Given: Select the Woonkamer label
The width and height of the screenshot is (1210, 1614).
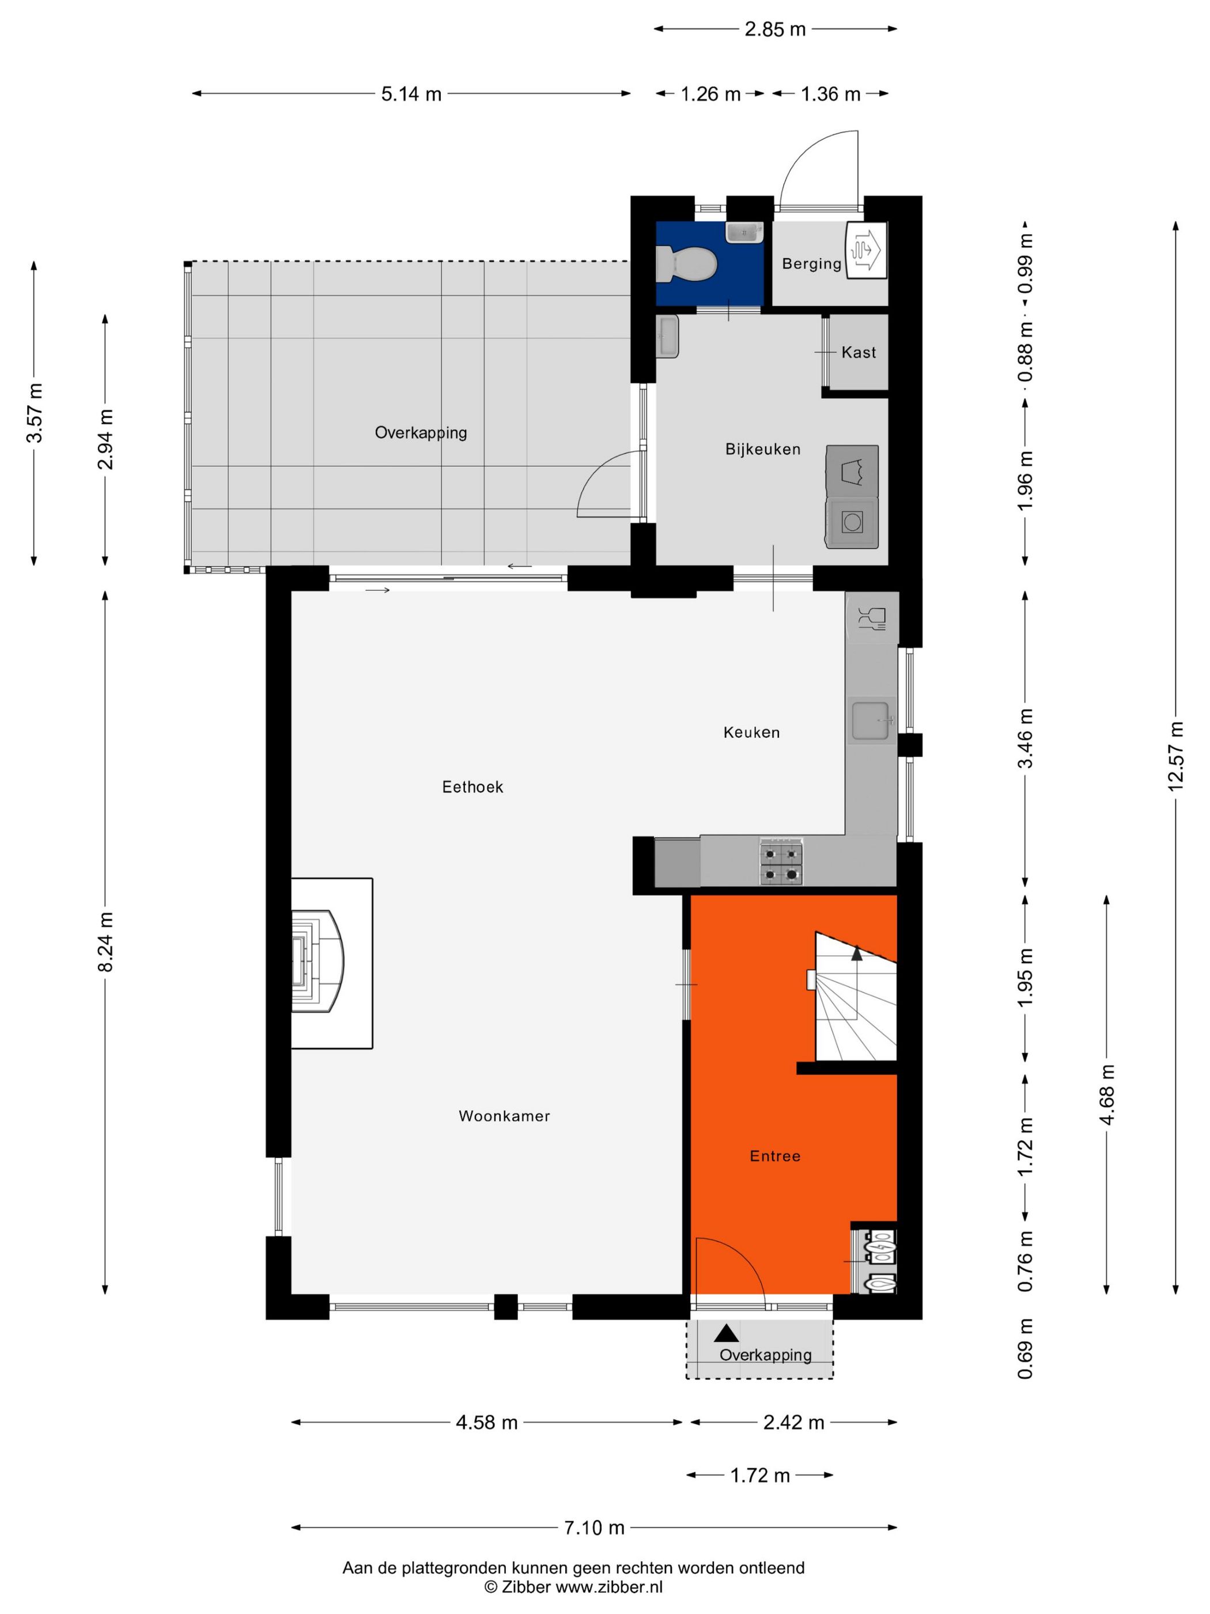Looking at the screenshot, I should [x=504, y=1115].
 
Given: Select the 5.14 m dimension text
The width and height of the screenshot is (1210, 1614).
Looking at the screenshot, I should [x=411, y=94].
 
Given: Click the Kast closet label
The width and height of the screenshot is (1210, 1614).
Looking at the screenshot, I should [x=859, y=352].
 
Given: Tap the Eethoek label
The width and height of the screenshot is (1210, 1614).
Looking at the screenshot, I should [x=472, y=787].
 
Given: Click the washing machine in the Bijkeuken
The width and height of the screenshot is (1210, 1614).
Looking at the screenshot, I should [x=852, y=522].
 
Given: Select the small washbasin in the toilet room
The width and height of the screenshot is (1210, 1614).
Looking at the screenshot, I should [x=744, y=233].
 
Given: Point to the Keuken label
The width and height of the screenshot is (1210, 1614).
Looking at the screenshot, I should [x=751, y=733].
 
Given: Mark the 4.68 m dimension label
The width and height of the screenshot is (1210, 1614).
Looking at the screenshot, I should [x=1106, y=1095].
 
